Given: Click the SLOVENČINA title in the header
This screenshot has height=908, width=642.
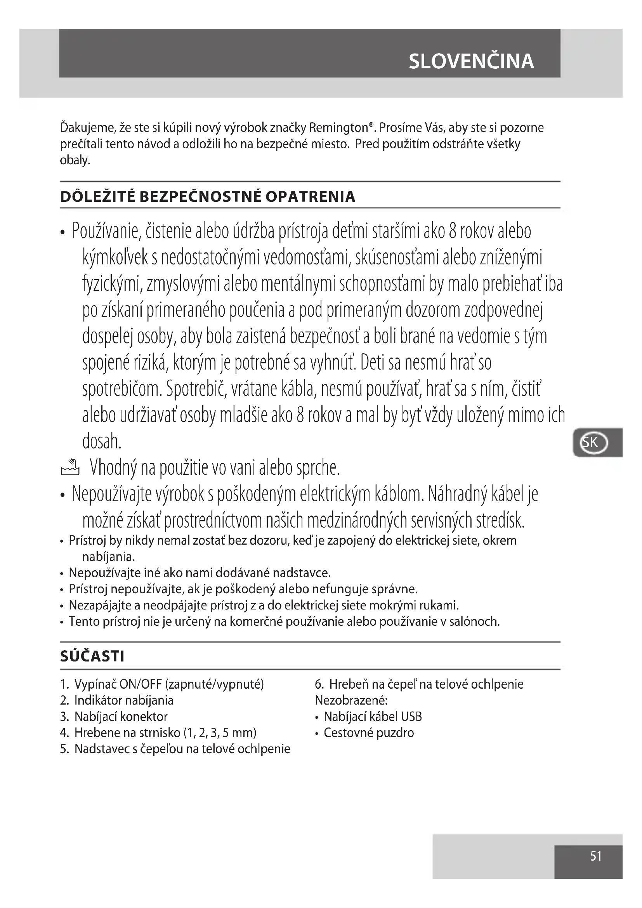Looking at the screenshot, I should pos(471,61).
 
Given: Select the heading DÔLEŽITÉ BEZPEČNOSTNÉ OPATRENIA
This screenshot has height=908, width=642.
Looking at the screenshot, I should pos(208,196).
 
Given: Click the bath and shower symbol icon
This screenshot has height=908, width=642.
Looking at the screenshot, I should pos(70,467).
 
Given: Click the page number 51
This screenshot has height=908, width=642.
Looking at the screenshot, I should pos(596,856).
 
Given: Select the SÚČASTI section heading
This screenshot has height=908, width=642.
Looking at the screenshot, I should pos(92,656).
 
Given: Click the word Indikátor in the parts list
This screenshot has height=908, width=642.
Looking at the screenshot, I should pos(98,700).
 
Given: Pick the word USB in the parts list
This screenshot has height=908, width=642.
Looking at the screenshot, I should pos(411,717).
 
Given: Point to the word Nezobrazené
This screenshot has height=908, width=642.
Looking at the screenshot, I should pos(351,700).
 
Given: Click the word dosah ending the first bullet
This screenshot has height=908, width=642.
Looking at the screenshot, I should pos(101,441).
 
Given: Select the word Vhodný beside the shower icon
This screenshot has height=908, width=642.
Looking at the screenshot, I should pos(113,468).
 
